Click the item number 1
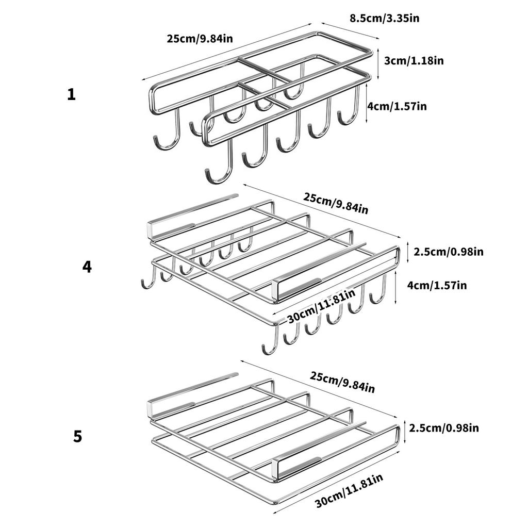pos(71,95)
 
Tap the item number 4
pos(87,267)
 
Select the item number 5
pos(77,437)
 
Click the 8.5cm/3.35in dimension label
pos(384,19)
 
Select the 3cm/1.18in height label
pos(414,60)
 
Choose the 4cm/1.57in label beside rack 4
pos(437,285)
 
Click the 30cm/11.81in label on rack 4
pos(321,306)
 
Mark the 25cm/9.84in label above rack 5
pos(342,381)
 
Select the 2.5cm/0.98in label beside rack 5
pos(444,428)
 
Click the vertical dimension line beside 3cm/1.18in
pos(378,60)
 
